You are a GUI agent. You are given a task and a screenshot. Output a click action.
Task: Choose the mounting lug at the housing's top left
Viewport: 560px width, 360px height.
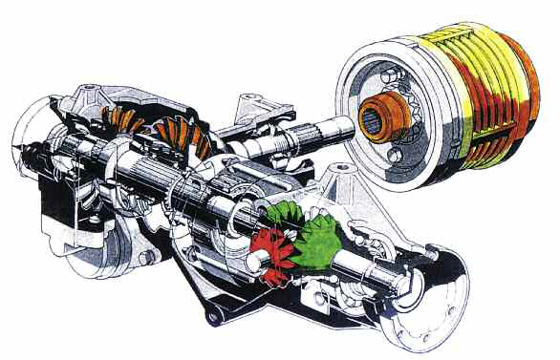(90, 93)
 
